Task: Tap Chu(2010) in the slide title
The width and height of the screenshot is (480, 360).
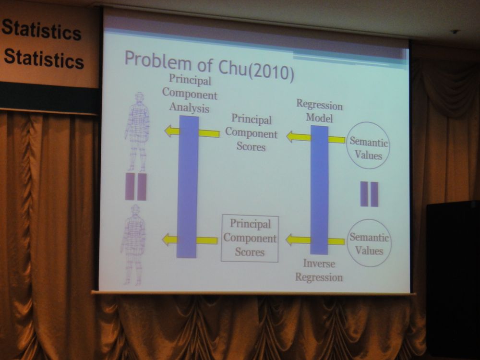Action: [x=256, y=70]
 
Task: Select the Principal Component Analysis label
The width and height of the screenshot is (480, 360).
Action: [x=190, y=94]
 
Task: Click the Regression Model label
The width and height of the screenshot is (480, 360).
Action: [x=319, y=111]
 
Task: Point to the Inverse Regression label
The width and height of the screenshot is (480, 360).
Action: [x=319, y=270]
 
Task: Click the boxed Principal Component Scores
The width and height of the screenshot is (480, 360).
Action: [x=250, y=238]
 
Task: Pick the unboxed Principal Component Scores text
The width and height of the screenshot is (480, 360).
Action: [x=252, y=132]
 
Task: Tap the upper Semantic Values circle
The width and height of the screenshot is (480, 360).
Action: [x=368, y=145]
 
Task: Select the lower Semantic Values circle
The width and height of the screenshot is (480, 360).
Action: [x=369, y=243]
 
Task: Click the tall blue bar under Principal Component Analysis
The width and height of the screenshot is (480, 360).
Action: [x=187, y=187]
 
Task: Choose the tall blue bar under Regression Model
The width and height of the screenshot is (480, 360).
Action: [x=319, y=190]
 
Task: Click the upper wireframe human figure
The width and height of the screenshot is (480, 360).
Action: [x=137, y=132]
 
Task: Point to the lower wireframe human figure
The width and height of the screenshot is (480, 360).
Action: [x=132, y=245]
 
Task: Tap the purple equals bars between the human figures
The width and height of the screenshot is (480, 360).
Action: [x=136, y=187]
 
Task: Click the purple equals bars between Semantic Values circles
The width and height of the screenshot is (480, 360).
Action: [x=369, y=194]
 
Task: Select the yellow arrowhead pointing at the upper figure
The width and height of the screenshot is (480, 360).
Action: [x=170, y=131]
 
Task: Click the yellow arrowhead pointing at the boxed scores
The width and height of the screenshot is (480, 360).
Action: [x=291, y=240]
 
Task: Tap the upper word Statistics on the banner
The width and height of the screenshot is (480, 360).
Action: [x=42, y=29]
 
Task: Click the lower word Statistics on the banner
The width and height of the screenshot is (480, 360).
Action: [x=44, y=58]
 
